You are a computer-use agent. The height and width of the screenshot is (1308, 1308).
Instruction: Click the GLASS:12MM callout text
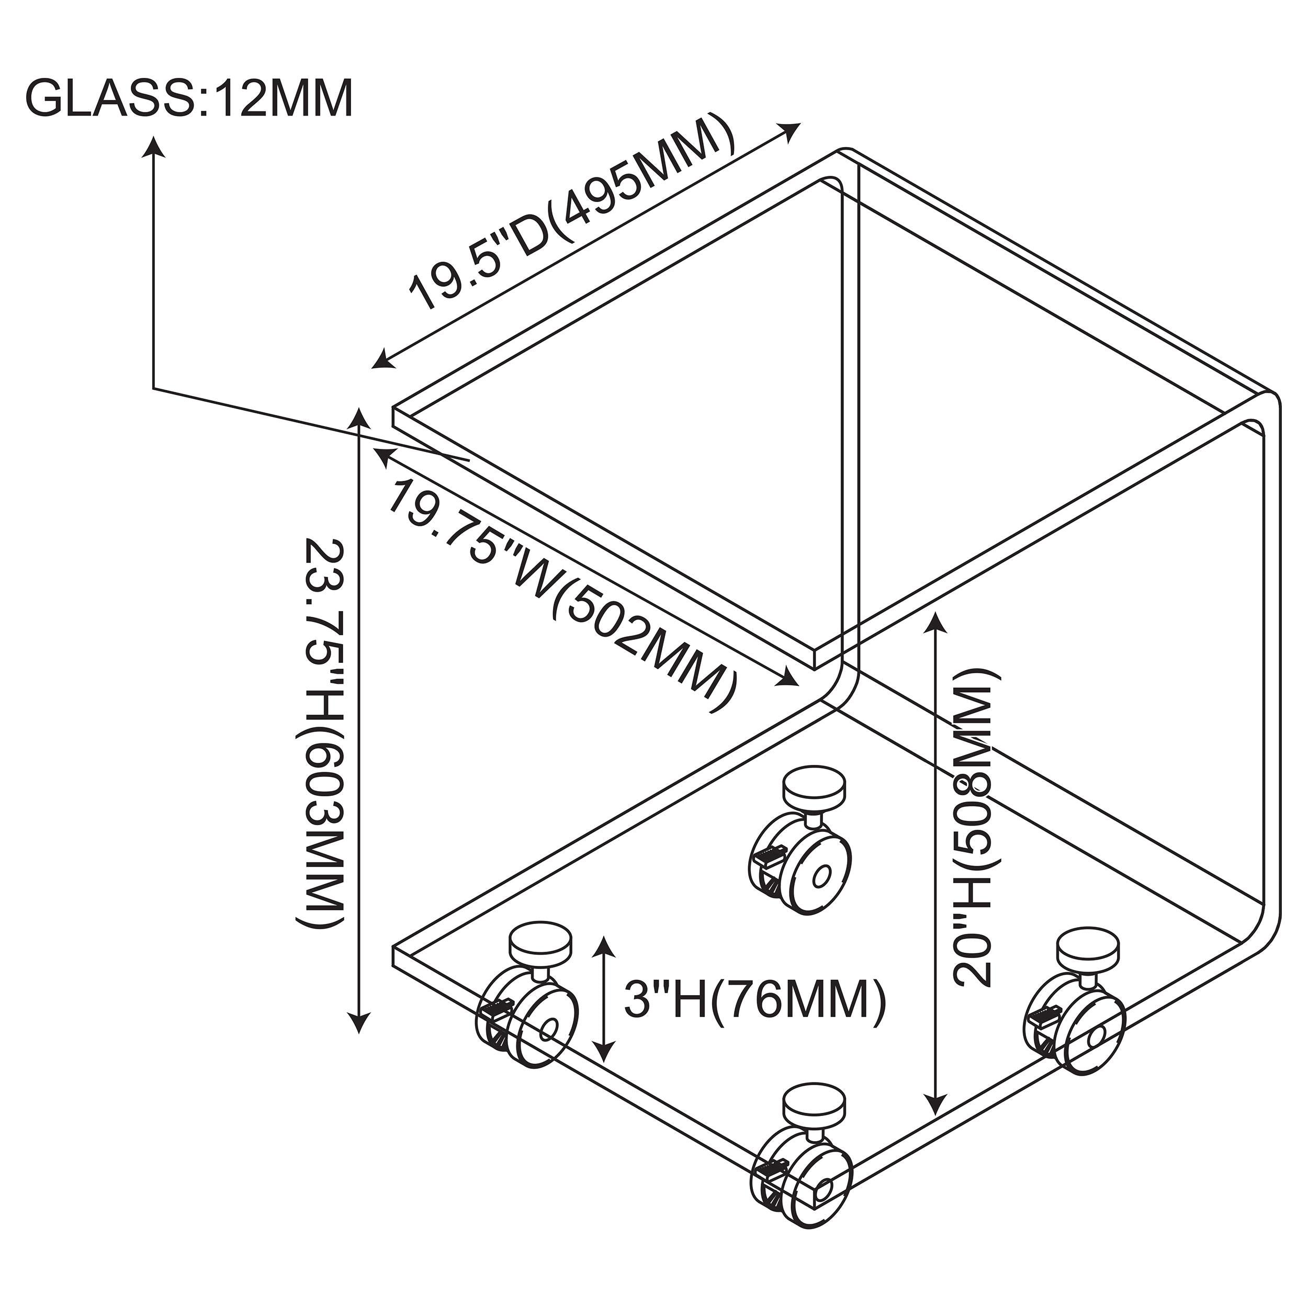coord(189,99)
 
